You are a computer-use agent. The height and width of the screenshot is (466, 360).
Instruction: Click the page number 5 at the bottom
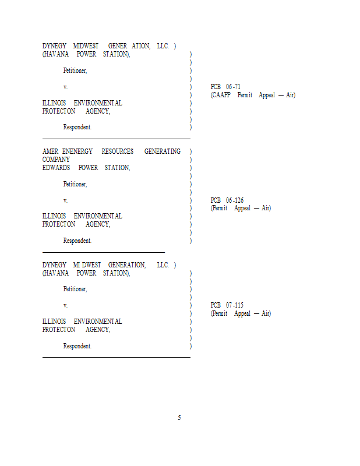tap(179, 418)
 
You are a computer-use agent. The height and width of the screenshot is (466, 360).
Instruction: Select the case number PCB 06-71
tap(225, 87)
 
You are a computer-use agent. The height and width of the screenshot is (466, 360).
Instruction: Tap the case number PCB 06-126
tap(227, 200)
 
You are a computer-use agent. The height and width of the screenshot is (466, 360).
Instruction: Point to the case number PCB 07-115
tap(227, 305)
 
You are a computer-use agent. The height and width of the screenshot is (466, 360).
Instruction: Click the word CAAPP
tap(221, 95)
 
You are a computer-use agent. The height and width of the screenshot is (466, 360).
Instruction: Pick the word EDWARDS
tap(56, 168)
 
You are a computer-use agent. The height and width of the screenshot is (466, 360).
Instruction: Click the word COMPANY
tap(56, 160)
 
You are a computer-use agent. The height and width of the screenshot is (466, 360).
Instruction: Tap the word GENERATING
tap(162, 151)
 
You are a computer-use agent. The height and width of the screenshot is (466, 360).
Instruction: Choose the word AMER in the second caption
tap(50, 151)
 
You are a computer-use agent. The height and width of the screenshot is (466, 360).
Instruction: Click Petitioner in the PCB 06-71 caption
tap(75, 70)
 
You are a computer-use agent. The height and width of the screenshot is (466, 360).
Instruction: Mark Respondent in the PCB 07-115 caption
tap(77, 346)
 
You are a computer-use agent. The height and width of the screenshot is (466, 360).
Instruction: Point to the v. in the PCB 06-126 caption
tap(65, 200)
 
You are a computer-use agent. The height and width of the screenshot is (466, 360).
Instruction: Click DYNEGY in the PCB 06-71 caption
tap(54, 46)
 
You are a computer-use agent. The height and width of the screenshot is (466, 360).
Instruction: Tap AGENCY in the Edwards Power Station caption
tap(97, 224)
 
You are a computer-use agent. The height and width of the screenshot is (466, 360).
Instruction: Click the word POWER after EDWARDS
tap(88, 168)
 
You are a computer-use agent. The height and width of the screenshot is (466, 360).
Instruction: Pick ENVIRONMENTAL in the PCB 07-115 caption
tap(98, 322)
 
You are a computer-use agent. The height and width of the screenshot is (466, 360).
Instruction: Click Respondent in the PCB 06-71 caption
tap(77, 127)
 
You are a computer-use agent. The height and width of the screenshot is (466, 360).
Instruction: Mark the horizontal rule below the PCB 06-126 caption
tap(104, 252)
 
